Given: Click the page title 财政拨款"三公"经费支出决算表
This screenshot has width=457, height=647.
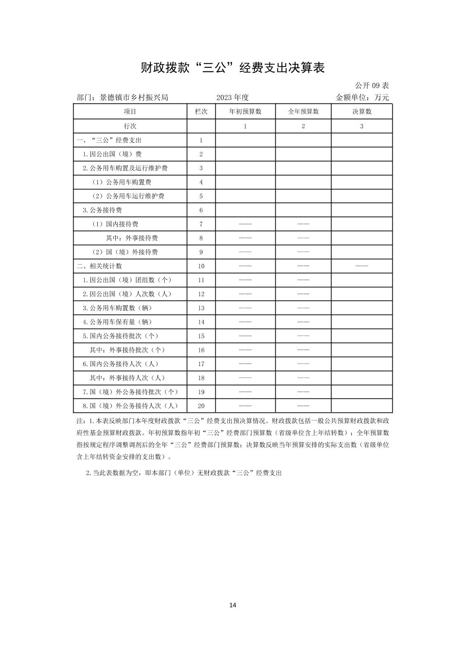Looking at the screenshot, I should pos(232,68).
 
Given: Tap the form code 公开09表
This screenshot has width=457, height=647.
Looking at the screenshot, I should pos(371,86).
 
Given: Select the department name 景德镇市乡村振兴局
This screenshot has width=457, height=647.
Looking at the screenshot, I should pos(134,97).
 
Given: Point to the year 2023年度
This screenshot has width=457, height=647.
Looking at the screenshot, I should pos(232,97).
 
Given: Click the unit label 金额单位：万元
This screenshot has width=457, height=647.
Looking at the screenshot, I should pos(362,97).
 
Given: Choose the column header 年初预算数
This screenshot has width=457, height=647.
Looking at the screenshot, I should pos(245,112).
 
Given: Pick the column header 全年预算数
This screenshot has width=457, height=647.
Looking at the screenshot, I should pos(303,112).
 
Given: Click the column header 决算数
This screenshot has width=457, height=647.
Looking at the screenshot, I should pos(362,112).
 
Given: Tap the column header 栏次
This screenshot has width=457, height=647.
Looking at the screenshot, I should pos(201,112).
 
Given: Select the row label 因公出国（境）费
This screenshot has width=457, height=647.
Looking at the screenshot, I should pos(112,154).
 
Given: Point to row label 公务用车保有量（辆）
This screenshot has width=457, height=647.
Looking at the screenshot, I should pos(117,322).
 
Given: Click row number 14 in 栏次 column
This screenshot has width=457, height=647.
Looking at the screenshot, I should pos(201,322).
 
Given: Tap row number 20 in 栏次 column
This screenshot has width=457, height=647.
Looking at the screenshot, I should pos(201,406).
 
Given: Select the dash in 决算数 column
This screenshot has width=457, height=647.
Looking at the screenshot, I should pos(362,266).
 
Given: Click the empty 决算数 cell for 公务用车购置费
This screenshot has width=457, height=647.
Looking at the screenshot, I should pos(362,182).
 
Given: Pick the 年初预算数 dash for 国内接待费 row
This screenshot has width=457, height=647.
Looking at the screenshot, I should pos(245,224).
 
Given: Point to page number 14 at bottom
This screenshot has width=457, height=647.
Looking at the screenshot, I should pos(232,605).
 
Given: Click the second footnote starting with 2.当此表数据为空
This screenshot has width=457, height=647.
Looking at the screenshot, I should pos(184,473).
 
